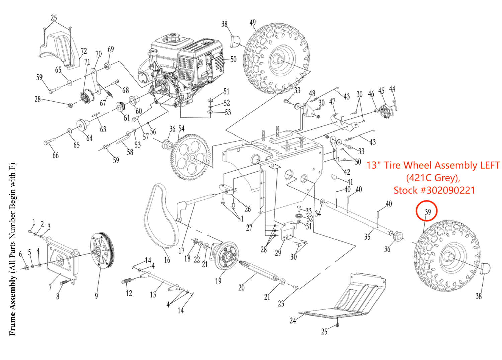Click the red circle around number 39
426,211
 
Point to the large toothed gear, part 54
191,157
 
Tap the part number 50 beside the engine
233,59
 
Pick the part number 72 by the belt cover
84,51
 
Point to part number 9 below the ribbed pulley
96,296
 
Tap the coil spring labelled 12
129,281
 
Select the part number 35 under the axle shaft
367,237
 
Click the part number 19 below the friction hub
218,281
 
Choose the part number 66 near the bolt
55,155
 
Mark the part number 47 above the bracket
332,102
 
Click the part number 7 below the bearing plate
50,287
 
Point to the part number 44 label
392,89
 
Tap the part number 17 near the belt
181,251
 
